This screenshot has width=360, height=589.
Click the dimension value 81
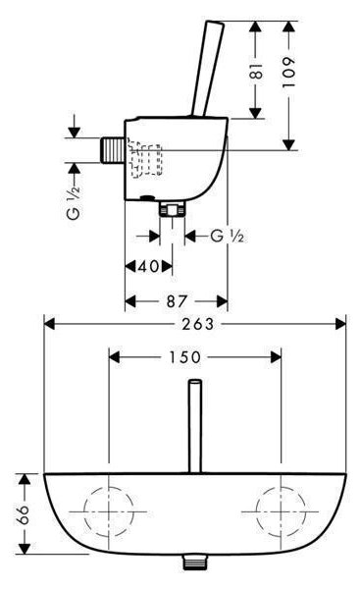coord(257,71)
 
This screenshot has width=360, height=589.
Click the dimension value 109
coord(289,73)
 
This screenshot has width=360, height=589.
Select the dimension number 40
coord(149,267)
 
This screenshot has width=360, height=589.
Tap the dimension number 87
coord(177,301)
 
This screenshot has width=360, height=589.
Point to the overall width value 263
coord(198,324)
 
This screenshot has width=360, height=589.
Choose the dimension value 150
coord(185,357)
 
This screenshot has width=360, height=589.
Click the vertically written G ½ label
coord(74,203)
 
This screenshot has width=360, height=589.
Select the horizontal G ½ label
coord(228,237)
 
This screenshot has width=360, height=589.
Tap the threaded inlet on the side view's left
coord(113,150)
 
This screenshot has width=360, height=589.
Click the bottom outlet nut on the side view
coord(173,208)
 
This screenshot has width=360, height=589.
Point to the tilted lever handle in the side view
coord(207,69)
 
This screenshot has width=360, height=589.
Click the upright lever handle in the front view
coord(195,426)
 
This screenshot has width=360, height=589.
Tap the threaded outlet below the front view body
coord(195,562)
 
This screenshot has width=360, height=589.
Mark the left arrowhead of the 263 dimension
coord(50,324)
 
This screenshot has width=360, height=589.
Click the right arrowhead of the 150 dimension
coord(276,357)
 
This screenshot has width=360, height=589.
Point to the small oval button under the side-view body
coord(147,197)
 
